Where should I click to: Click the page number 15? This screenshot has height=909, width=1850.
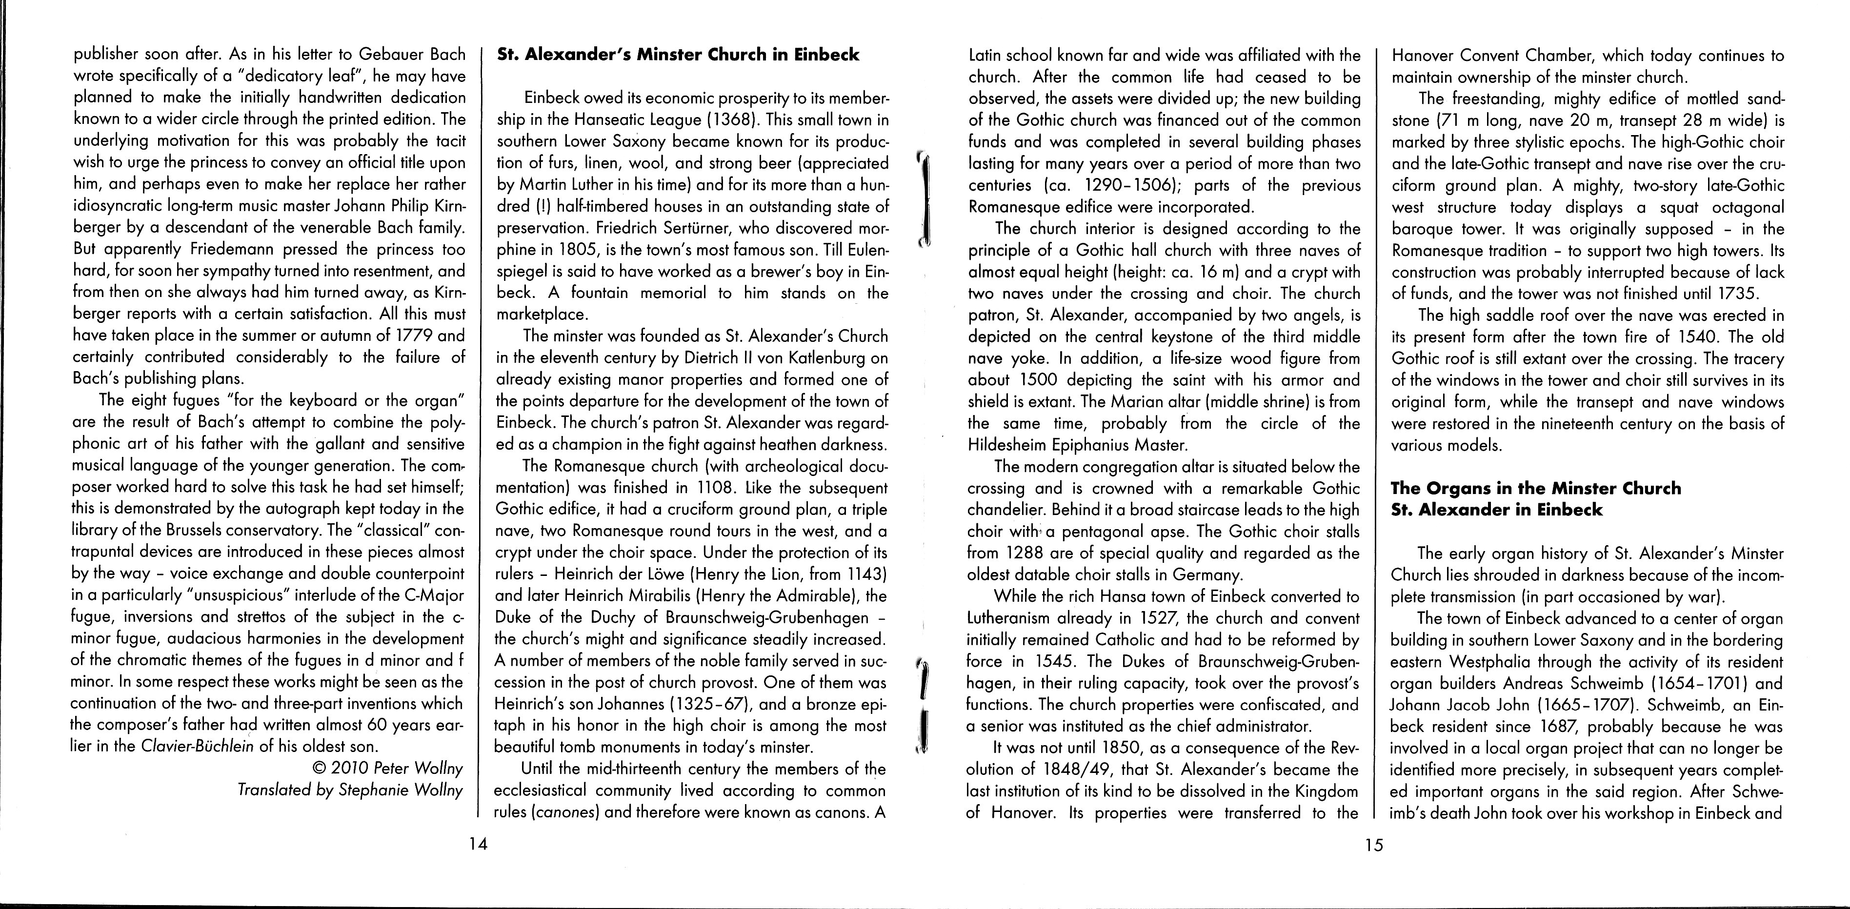[x=1373, y=845]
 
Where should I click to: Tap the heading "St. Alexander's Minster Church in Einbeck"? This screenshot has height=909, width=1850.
[x=678, y=55]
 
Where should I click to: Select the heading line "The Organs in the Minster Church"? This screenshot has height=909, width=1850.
[x=1535, y=488]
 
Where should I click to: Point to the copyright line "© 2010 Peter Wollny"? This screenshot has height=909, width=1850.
[x=388, y=768]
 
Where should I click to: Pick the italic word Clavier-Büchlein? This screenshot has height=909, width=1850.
[x=198, y=746]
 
